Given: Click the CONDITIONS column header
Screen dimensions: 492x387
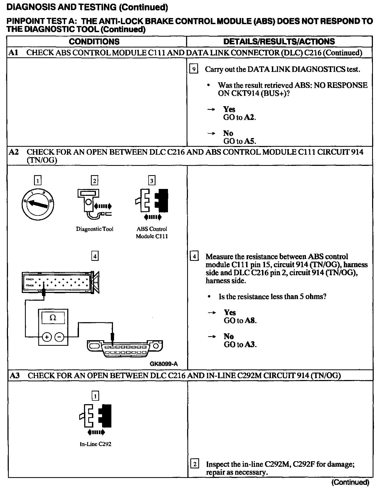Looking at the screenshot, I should coord(94,42).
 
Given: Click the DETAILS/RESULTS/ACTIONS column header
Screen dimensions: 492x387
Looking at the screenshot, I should coord(279,42).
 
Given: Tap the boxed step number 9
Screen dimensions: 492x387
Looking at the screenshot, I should coord(194,69).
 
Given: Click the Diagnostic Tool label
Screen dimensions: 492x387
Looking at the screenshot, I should coord(95,229).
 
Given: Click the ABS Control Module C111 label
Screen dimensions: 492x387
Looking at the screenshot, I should coord(152,232).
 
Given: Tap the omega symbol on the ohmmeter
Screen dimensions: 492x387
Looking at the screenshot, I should coord(53,318).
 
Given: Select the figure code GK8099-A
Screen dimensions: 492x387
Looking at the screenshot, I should coord(163,364).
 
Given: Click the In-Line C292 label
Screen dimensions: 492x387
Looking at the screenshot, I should coord(95,444).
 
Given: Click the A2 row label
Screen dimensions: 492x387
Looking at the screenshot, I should coord(14,152).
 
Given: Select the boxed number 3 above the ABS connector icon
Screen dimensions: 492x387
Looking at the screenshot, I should coord(152,181).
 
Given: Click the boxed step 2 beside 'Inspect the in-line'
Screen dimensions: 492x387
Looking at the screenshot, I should coord(195,464).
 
